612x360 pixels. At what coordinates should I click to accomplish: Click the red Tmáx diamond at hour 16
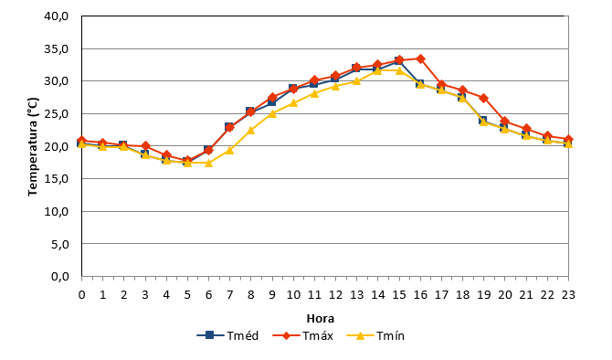click(420, 59)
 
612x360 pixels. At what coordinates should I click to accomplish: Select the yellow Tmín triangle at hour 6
click(208, 163)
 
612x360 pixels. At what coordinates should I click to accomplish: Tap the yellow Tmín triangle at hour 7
click(229, 150)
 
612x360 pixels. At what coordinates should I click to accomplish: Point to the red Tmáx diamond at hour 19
click(484, 98)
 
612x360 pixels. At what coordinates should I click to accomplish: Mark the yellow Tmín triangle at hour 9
click(272, 113)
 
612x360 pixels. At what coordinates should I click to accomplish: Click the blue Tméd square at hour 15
click(399, 61)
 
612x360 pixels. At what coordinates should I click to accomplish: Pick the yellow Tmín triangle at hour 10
click(293, 103)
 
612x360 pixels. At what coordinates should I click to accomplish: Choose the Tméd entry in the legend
click(228, 335)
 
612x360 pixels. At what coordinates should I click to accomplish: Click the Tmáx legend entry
click(303, 335)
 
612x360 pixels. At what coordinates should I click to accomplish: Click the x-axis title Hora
click(321, 319)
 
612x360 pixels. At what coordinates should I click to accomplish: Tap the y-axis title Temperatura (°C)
click(33, 146)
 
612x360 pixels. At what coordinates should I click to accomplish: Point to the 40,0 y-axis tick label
click(57, 16)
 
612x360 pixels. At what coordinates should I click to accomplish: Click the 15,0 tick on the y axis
click(57, 179)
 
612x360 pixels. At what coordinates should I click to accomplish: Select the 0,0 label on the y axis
click(59, 277)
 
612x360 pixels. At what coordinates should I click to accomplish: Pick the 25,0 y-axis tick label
click(57, 114)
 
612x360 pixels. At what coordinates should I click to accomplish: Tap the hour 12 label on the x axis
click(335, 295)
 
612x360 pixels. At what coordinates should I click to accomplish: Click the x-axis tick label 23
click(568, 295)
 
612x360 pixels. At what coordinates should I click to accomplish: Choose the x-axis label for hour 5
click(187, 295)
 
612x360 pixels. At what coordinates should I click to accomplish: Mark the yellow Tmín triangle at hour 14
click(378, 70)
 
